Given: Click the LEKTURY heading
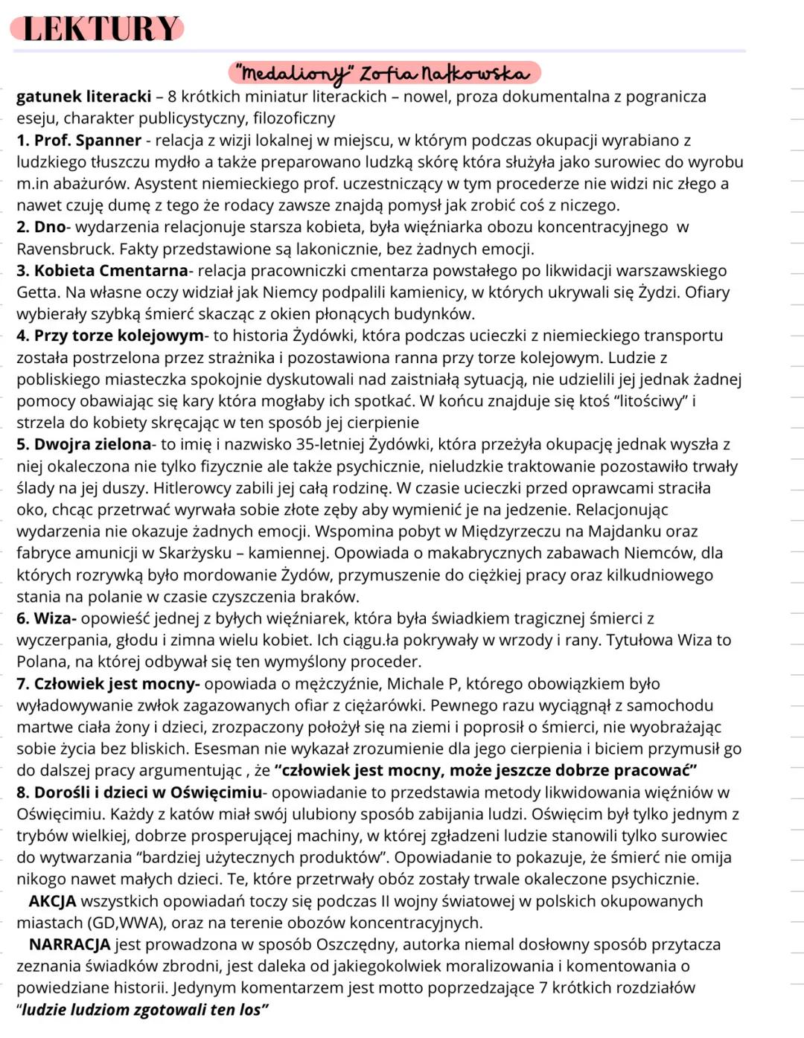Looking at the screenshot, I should tap(100, 28).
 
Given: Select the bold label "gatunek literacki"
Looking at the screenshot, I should tap(83, 97).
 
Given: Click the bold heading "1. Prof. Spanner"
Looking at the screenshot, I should tap(79, 141).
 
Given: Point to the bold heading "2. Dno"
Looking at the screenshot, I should tap(41, 227).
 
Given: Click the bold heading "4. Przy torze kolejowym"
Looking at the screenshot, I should tap(109, 336).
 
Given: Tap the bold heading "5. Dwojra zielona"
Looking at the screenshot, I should tap(83, 444).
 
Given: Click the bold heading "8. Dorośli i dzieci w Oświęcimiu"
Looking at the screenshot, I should tap(139, 792).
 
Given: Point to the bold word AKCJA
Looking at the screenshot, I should tap(52, 901).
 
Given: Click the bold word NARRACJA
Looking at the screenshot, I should tap(69, 945).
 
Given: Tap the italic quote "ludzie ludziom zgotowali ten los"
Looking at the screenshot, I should tap(144, 1010).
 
